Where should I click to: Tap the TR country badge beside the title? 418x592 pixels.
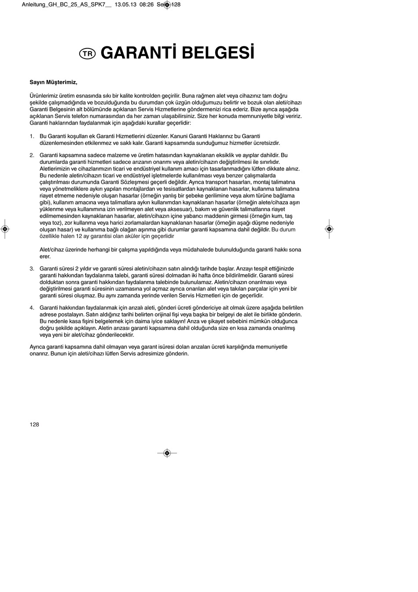(88, 54)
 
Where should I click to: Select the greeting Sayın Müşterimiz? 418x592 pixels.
(53, 82)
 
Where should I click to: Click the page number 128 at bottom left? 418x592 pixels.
(34, 425)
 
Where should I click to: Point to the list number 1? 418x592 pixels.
(32, 137)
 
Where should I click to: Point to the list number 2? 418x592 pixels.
(32, 155)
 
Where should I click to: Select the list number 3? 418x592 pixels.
(32, 269)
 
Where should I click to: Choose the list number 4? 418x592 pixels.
(32, 308)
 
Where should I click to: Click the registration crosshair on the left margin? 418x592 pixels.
(4, 229)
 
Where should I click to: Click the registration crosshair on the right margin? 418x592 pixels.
(329, 229)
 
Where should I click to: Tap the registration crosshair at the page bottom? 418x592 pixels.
(167, 453)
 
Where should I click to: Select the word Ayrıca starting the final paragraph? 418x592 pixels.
(38, 347)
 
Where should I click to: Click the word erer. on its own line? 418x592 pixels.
(45, 257)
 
